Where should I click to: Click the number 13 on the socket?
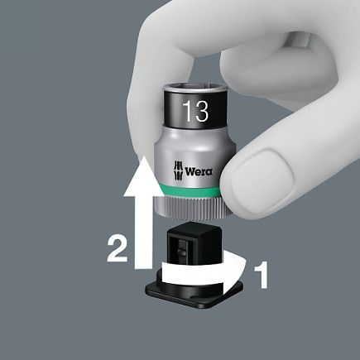(x=195, y=111)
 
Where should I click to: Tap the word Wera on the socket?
(x=199, y=171)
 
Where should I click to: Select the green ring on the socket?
(x=190, y=191)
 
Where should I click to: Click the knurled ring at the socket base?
(x=190, y=207)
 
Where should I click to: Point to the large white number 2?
(x=118, y=249)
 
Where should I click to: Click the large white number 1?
(x=261, y=275)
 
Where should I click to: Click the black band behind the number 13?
(x=195, y=110)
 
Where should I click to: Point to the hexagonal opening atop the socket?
(x=195, y=89)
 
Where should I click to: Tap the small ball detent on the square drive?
(x=180, y=252)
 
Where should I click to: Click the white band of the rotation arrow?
(x=193, y=274)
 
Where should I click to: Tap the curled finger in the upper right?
(x=276, y=69)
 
